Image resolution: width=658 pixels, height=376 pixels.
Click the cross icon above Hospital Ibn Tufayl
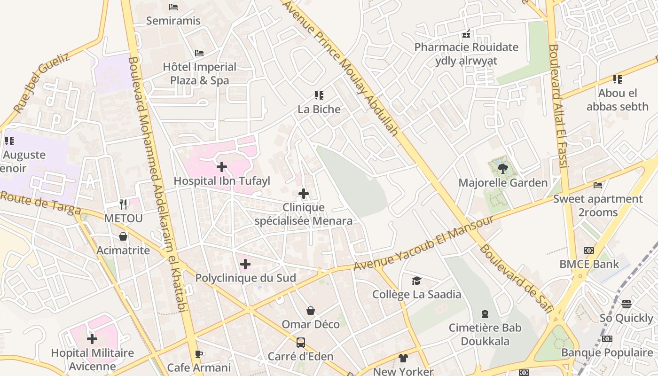(222, 167)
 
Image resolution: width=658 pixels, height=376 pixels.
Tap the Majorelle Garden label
(503, 183)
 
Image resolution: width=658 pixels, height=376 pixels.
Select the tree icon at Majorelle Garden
(503, 168)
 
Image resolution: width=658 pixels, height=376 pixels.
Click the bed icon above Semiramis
(173, 7)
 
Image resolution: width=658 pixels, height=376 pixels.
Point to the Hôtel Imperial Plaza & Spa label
(200, 74)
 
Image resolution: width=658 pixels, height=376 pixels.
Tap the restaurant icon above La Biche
(319, 95)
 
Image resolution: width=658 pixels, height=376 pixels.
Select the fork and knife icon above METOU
(123, 204)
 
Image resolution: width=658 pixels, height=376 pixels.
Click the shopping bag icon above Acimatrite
(123, 236)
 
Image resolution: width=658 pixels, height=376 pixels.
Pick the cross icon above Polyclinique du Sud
(245, 264)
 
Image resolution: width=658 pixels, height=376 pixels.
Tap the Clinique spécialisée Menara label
(304, 214)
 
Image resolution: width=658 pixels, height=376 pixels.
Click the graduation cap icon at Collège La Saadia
(416, 281)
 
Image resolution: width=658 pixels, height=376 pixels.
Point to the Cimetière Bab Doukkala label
(485, 334)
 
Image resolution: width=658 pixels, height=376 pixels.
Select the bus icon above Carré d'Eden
(301, 343)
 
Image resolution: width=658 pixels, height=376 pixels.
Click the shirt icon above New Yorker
(403, 358)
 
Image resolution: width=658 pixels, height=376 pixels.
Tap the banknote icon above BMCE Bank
(589, 251)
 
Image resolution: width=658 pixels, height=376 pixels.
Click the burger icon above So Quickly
(627, 304)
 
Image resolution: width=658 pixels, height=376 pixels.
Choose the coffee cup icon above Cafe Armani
(199, 354)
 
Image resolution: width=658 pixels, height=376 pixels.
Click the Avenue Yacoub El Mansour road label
(423, 243)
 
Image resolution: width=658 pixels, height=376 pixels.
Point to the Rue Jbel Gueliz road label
(41, 83)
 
